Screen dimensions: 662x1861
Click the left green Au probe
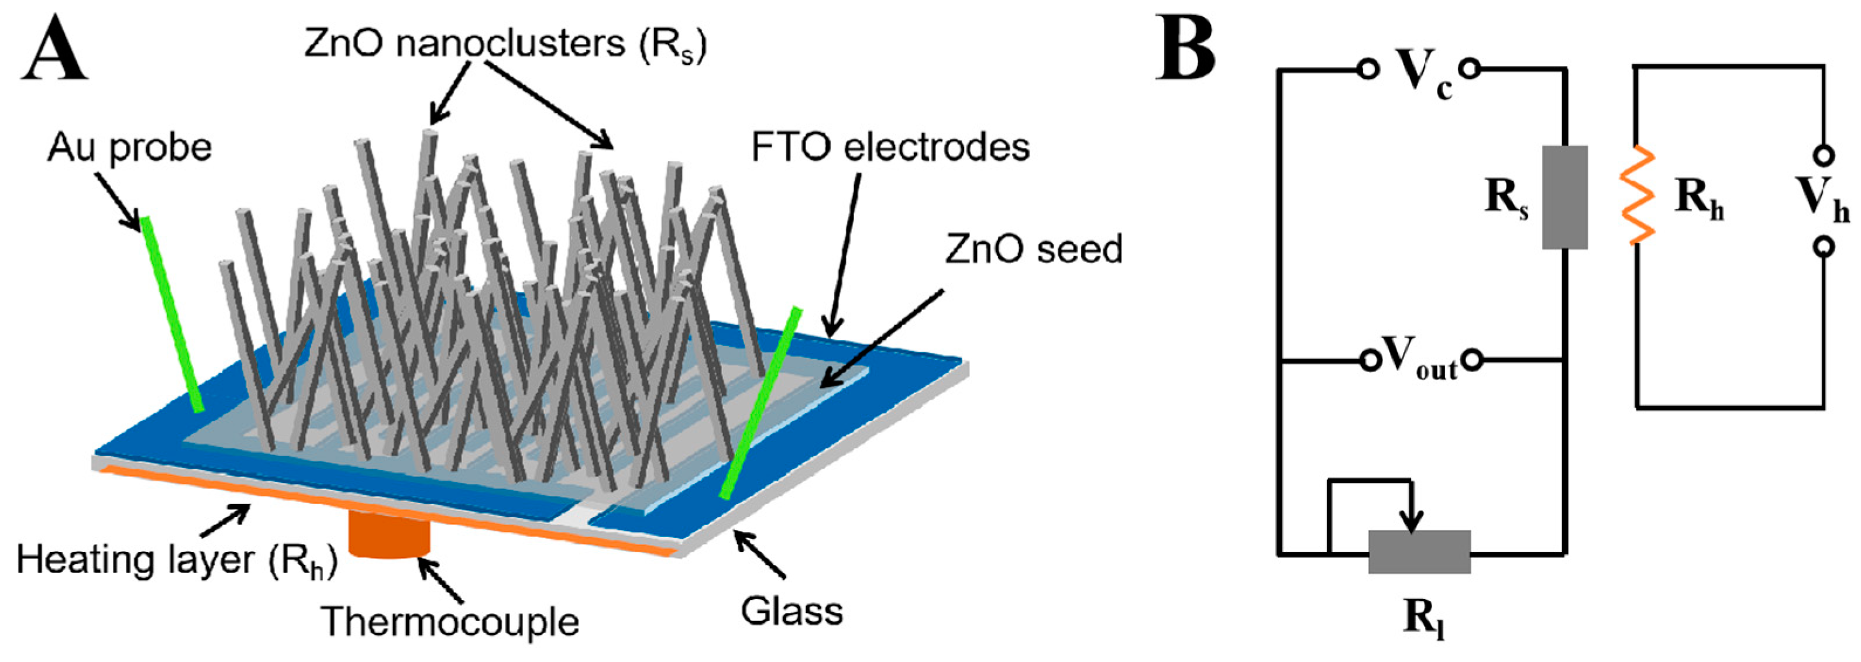(x=172, y=314)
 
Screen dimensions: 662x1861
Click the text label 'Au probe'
(x=130, y=148)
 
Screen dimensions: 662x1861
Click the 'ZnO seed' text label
(x=1034, y=249)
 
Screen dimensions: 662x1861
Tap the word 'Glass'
(x=792, y=612)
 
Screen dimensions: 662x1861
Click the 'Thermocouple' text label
(x=450, y=622)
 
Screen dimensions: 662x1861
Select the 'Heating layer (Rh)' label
(x=178, y=561)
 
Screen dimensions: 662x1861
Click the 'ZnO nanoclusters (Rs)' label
(x=505, y=45)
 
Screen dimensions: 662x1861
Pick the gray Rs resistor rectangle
(x=1565, y=197)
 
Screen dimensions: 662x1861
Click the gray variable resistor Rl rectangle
(x=1419, y=552)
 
